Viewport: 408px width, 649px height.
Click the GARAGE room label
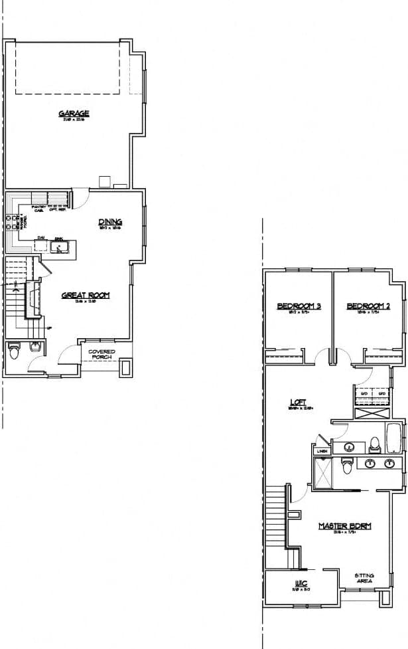point(74,114)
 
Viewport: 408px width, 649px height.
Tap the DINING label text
point(110,222)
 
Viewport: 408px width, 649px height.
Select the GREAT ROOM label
point(85,296)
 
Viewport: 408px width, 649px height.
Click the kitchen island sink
point(59,248)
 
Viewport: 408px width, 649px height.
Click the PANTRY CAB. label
point(37,210)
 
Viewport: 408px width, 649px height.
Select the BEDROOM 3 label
point(299,306)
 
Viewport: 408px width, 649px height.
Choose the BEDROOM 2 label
point(368,306)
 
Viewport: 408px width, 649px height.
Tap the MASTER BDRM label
point(344,526)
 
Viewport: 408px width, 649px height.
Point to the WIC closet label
point(299,585)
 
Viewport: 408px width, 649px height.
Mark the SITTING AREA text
point(364,579)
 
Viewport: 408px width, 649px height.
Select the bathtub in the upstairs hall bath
point(394,438)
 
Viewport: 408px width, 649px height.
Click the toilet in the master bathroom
point(346,466)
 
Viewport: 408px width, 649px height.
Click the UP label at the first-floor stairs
point(49,327)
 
